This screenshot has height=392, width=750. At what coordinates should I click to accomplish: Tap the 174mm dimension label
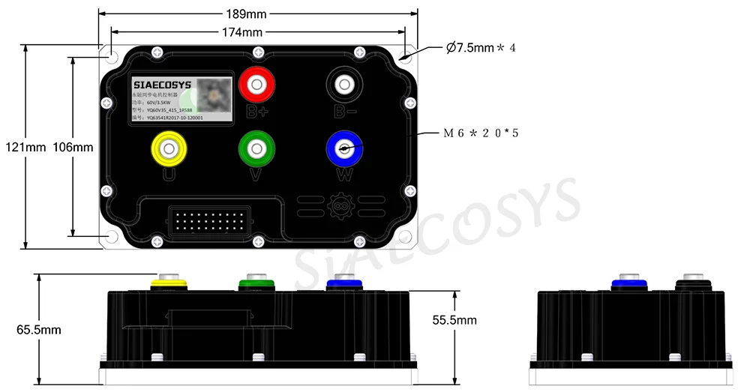pyautogui.click(x=241, y=32)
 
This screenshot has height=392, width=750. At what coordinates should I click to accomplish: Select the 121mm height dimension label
pyautogui.click(x=30, y=147)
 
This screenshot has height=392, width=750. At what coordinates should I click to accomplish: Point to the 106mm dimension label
pyautogui.click(x=73, y=147)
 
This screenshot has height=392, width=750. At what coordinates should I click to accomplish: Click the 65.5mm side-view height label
pyautogui.click(x=38, y=329)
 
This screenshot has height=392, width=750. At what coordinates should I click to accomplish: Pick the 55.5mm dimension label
pyautogui.click(x=454, y=320)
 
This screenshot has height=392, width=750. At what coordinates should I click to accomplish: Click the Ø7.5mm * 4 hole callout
pyautogui.click(x=481, y=48)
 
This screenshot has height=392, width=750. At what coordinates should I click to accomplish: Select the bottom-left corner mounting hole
pyautogui.click(x=112, y=237)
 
